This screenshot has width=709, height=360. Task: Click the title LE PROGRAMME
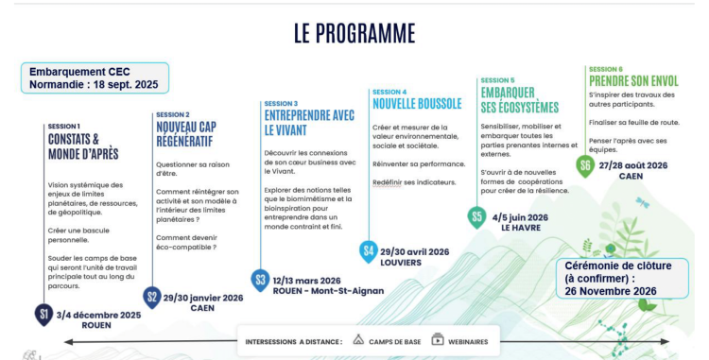click(354, 34)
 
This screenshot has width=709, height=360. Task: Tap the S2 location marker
click(152, 297)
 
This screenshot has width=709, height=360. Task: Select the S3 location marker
click(261, 280)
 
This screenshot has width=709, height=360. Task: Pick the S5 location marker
click(478, 217)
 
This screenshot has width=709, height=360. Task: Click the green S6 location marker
click(586, 166)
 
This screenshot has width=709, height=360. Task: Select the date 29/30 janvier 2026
click(203, 297)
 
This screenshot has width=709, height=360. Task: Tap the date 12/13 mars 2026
click(307, 280)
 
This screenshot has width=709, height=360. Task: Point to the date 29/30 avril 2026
click(415, 250)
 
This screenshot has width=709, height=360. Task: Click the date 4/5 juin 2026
click(520, 216)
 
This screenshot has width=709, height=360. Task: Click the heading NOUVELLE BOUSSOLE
click(417, 103)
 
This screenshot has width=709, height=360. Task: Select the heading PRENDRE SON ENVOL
click(633, 80)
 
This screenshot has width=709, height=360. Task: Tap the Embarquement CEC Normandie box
click(95, 77)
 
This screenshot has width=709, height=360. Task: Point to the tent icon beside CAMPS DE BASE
click(358, 340)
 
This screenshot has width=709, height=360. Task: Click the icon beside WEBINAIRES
click(438, 340)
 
